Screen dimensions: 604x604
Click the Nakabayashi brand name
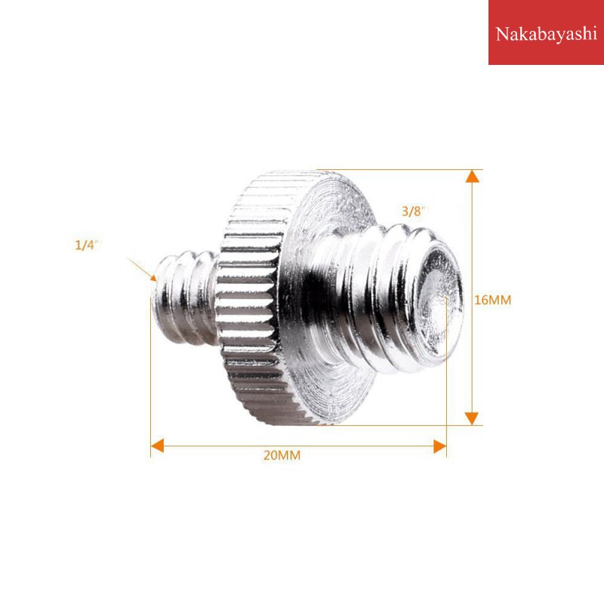coord(545,34)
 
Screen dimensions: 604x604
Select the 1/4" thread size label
coord(88,245)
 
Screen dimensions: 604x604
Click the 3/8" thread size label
coord(414,211)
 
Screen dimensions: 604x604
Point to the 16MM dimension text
coord(493,300)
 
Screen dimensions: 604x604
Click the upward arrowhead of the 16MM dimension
coord(472,177)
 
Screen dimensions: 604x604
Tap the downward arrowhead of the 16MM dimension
coord(472,418)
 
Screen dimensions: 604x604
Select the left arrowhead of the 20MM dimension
coord(157,446)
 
